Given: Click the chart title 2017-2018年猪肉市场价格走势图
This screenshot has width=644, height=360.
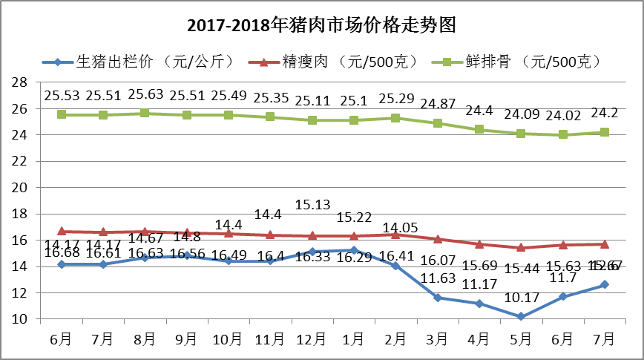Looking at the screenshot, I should click(x=321, y=25).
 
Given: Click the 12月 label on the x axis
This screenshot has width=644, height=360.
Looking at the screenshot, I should click(x=312, y=339).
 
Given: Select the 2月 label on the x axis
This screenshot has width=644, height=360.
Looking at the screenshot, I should click(x=395, y=339).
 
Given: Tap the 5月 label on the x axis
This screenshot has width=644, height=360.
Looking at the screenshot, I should click(x=520, y=339).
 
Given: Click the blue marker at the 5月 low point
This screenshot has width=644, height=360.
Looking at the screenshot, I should click(x=521, y=317).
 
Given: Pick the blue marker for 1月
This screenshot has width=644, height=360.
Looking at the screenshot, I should click(x=354, y=250).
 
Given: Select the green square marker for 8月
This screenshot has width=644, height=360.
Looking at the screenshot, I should click(x=145, y=114).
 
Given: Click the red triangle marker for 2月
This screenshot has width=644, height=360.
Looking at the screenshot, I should click(x=395, y=235).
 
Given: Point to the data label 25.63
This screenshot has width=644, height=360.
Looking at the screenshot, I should click(x=145, y=95).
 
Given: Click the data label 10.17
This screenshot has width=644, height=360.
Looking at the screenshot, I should click(x=521, y=300).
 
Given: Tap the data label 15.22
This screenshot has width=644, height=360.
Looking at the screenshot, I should click(x=354, y=217).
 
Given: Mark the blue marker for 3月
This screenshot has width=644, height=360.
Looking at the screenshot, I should click(x=437, y=298).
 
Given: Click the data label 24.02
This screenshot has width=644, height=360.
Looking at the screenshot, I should click(x=562, y=115).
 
